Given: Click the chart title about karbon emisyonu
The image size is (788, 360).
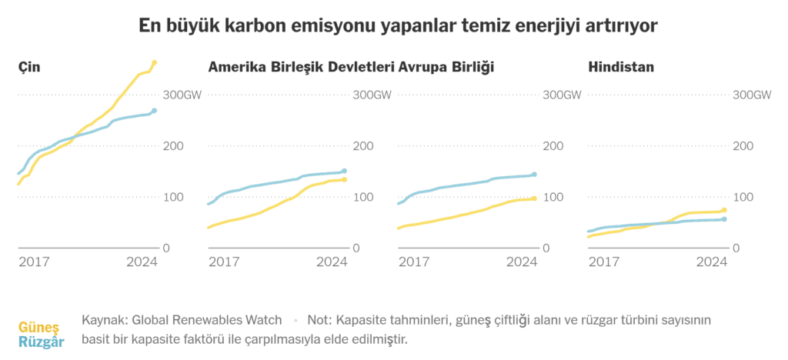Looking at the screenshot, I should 393,26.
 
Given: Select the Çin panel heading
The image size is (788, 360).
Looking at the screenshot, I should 29,68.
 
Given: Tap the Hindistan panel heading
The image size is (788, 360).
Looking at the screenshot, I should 621,68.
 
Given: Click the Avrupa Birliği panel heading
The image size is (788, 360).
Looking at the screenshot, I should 446,68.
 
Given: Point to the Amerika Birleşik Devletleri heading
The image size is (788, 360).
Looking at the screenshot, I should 301,68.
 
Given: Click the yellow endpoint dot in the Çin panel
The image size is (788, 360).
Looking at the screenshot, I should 155,62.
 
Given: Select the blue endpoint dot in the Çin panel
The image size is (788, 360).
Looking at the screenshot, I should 155,111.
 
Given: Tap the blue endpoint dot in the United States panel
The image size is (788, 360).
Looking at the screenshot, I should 344,171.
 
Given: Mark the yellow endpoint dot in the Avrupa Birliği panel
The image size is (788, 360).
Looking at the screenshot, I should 534,198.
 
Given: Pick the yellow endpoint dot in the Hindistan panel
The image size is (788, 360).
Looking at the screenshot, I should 724,210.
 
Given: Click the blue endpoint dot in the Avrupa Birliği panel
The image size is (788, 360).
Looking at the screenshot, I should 534,175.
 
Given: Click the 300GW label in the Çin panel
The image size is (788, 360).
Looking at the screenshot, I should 180,95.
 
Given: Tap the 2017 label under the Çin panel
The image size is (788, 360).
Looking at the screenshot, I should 34,262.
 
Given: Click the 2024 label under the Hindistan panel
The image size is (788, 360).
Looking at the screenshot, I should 711,262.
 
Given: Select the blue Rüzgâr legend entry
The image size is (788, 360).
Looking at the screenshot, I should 41,342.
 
